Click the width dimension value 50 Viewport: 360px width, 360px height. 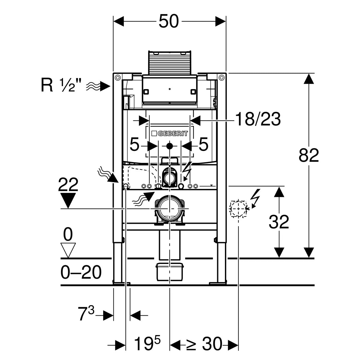[x=169, y=21]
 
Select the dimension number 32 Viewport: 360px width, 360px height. [x=279, y=222]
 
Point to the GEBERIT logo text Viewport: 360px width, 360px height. [x=172, y=133]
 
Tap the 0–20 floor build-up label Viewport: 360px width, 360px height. [x=81, y=272]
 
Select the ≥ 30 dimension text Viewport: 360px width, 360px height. [x=204, y=344]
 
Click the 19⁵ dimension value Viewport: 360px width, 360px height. [x=147, y=344]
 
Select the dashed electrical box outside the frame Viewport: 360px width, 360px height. [x=238, y=208]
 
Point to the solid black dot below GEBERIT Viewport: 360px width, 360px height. [x=169, y=146]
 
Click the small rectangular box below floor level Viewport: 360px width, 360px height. [x=169, y=271]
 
